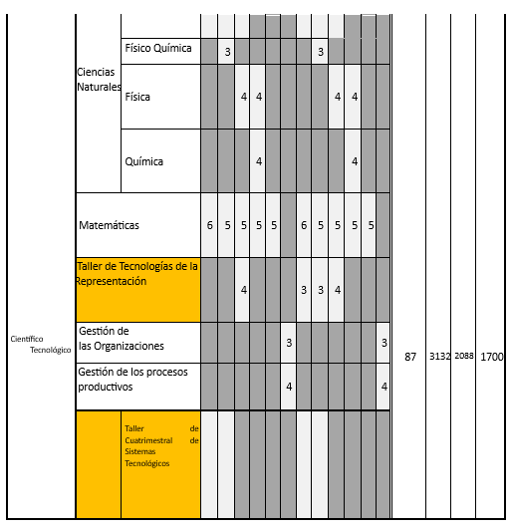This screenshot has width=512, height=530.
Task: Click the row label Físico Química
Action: click(158, 49)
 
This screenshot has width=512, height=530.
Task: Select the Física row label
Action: click(137, 97)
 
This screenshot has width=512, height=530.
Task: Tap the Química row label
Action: click(144, 161)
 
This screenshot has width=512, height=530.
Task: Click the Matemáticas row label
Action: click(109, 225)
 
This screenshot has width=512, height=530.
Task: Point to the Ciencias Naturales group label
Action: click(99, 80)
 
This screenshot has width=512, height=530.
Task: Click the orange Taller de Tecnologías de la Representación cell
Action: click(138, 290)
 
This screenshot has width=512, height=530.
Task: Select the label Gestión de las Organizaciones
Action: click(121, 339)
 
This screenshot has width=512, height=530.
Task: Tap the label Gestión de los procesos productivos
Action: click(132, 380)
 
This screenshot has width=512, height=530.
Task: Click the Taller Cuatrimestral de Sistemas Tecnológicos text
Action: click(161, 446)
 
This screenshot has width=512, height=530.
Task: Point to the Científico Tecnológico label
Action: click(41, 345)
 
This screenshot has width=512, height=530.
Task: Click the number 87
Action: click(410, 357)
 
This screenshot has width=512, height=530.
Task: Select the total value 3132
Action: click(439, 357)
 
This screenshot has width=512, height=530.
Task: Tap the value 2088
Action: click(464, 356)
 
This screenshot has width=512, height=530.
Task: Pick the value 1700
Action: click(492, 357)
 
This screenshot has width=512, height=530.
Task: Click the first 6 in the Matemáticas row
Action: click(209, 225)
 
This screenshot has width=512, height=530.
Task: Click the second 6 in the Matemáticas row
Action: click(304, 225)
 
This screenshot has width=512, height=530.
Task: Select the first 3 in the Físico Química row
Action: click(227, 52)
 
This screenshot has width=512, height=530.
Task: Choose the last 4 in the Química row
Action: click(355, 161)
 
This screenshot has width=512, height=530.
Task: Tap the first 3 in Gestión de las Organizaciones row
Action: click(289, 343)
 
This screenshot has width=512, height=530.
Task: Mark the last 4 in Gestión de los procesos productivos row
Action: click(384, 387)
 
